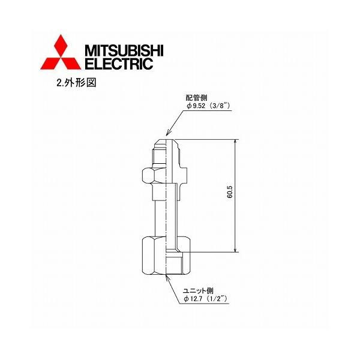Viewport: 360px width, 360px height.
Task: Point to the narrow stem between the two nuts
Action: (163, 213)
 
